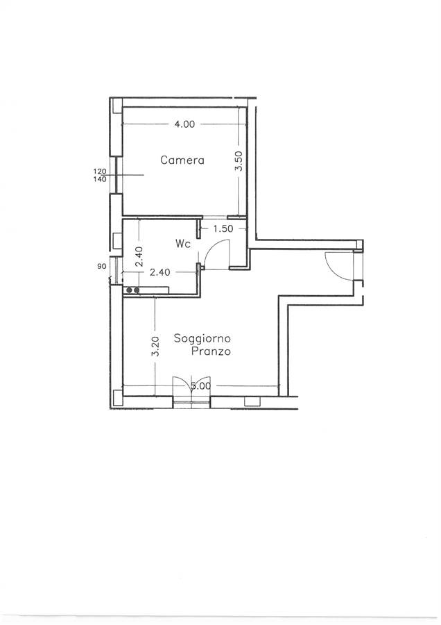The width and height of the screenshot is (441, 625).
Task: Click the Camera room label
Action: (182, 160)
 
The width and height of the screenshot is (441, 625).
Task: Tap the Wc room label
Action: (182, 244)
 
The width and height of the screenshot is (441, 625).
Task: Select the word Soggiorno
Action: (202, 339)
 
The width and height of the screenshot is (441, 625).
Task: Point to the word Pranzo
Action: (211, 351)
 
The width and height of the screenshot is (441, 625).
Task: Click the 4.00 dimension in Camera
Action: (184, 124)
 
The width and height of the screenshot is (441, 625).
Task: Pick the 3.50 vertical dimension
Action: (239, 160)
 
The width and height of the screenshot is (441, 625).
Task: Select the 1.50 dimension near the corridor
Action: (223, 228)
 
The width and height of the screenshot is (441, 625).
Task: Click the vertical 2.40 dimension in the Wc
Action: (139, 256)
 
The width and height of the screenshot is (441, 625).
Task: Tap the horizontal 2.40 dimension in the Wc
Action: (159, 272)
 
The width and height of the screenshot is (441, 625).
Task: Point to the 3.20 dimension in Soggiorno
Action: (155, 346)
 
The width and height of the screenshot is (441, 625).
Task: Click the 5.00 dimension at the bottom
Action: (201, 386)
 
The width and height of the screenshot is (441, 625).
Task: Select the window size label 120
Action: (100, 171)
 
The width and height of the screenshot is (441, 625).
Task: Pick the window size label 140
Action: (100, 179)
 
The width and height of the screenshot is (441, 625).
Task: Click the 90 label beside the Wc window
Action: (101, 266)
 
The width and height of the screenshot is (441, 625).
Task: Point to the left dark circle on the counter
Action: (130, 290)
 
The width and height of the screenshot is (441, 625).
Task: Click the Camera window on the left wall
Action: (116, 174)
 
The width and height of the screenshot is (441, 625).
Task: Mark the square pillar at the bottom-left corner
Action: (118, 398)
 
